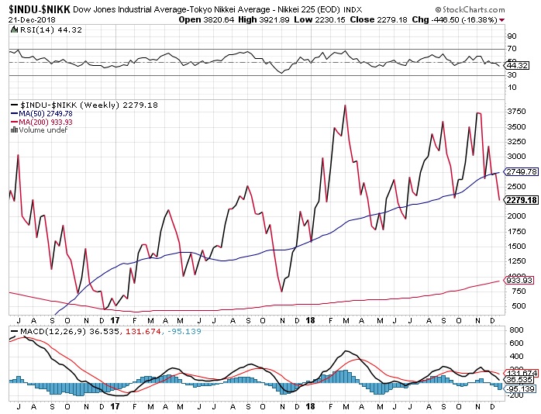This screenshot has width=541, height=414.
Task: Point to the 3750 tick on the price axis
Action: coord(515,112)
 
